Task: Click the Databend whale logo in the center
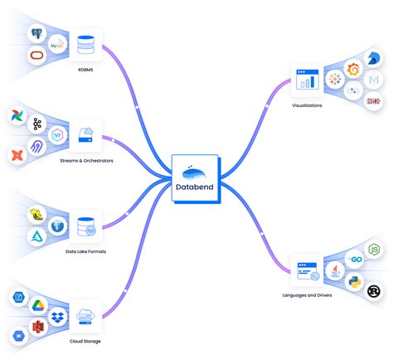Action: coord(196,173)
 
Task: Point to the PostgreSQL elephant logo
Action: coord(36,35)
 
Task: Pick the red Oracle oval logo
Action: coord(36,56)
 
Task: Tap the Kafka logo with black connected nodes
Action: coord(36,124)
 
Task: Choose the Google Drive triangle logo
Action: coord(37,306)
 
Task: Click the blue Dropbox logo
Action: coord(58,318)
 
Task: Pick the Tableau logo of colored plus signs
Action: coord(337,80)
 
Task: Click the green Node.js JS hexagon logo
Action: coord(373,248)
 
